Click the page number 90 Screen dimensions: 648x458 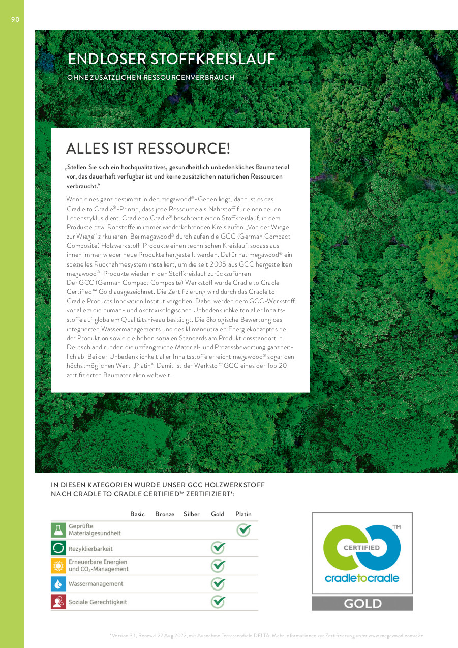(x=15, y=19)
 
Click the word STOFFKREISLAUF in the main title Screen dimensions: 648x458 (x=213, y=59)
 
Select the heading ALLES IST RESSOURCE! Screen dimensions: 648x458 (x=148, y=149)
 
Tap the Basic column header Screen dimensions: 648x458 (x=137, y=514)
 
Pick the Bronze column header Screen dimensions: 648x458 (x=165, y=514)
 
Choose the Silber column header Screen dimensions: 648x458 (x=192, y=514)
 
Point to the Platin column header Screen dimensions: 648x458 (x=243, y=514)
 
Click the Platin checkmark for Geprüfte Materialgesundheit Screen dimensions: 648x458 (x=244, y=530)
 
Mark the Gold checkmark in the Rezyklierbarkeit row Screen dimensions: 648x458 (x=218, y=548)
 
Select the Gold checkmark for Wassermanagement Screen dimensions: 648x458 (x=218, y=584)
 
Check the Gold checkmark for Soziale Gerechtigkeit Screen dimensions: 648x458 (x=218, y=602)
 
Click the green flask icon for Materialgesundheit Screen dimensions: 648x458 (x=58, y=530)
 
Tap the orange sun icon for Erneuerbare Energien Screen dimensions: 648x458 (x=58, y=566)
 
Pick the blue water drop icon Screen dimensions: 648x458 (x=58, y=584)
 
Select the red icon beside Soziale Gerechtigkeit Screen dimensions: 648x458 (x=58, y=602)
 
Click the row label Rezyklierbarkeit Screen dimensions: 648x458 (x=90, y=549)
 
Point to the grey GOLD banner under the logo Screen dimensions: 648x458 (x=362, y=604)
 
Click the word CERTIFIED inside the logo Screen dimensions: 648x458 (x=361, y=548)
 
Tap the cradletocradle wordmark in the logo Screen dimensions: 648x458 (x=361, y=578)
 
